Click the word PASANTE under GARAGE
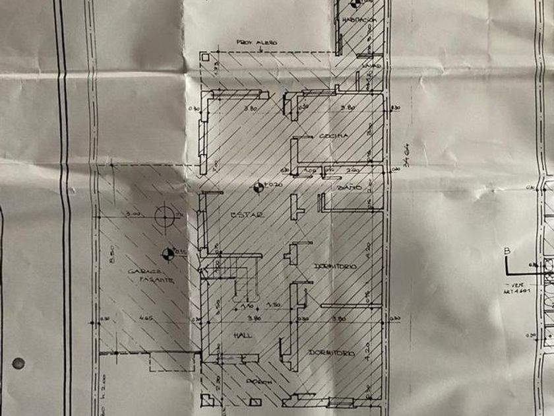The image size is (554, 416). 156,280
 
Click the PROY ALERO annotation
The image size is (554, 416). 258,42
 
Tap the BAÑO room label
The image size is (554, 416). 348,188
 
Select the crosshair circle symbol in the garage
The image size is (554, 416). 162,215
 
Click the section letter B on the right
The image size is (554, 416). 507,250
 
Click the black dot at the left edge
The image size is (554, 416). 18,363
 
